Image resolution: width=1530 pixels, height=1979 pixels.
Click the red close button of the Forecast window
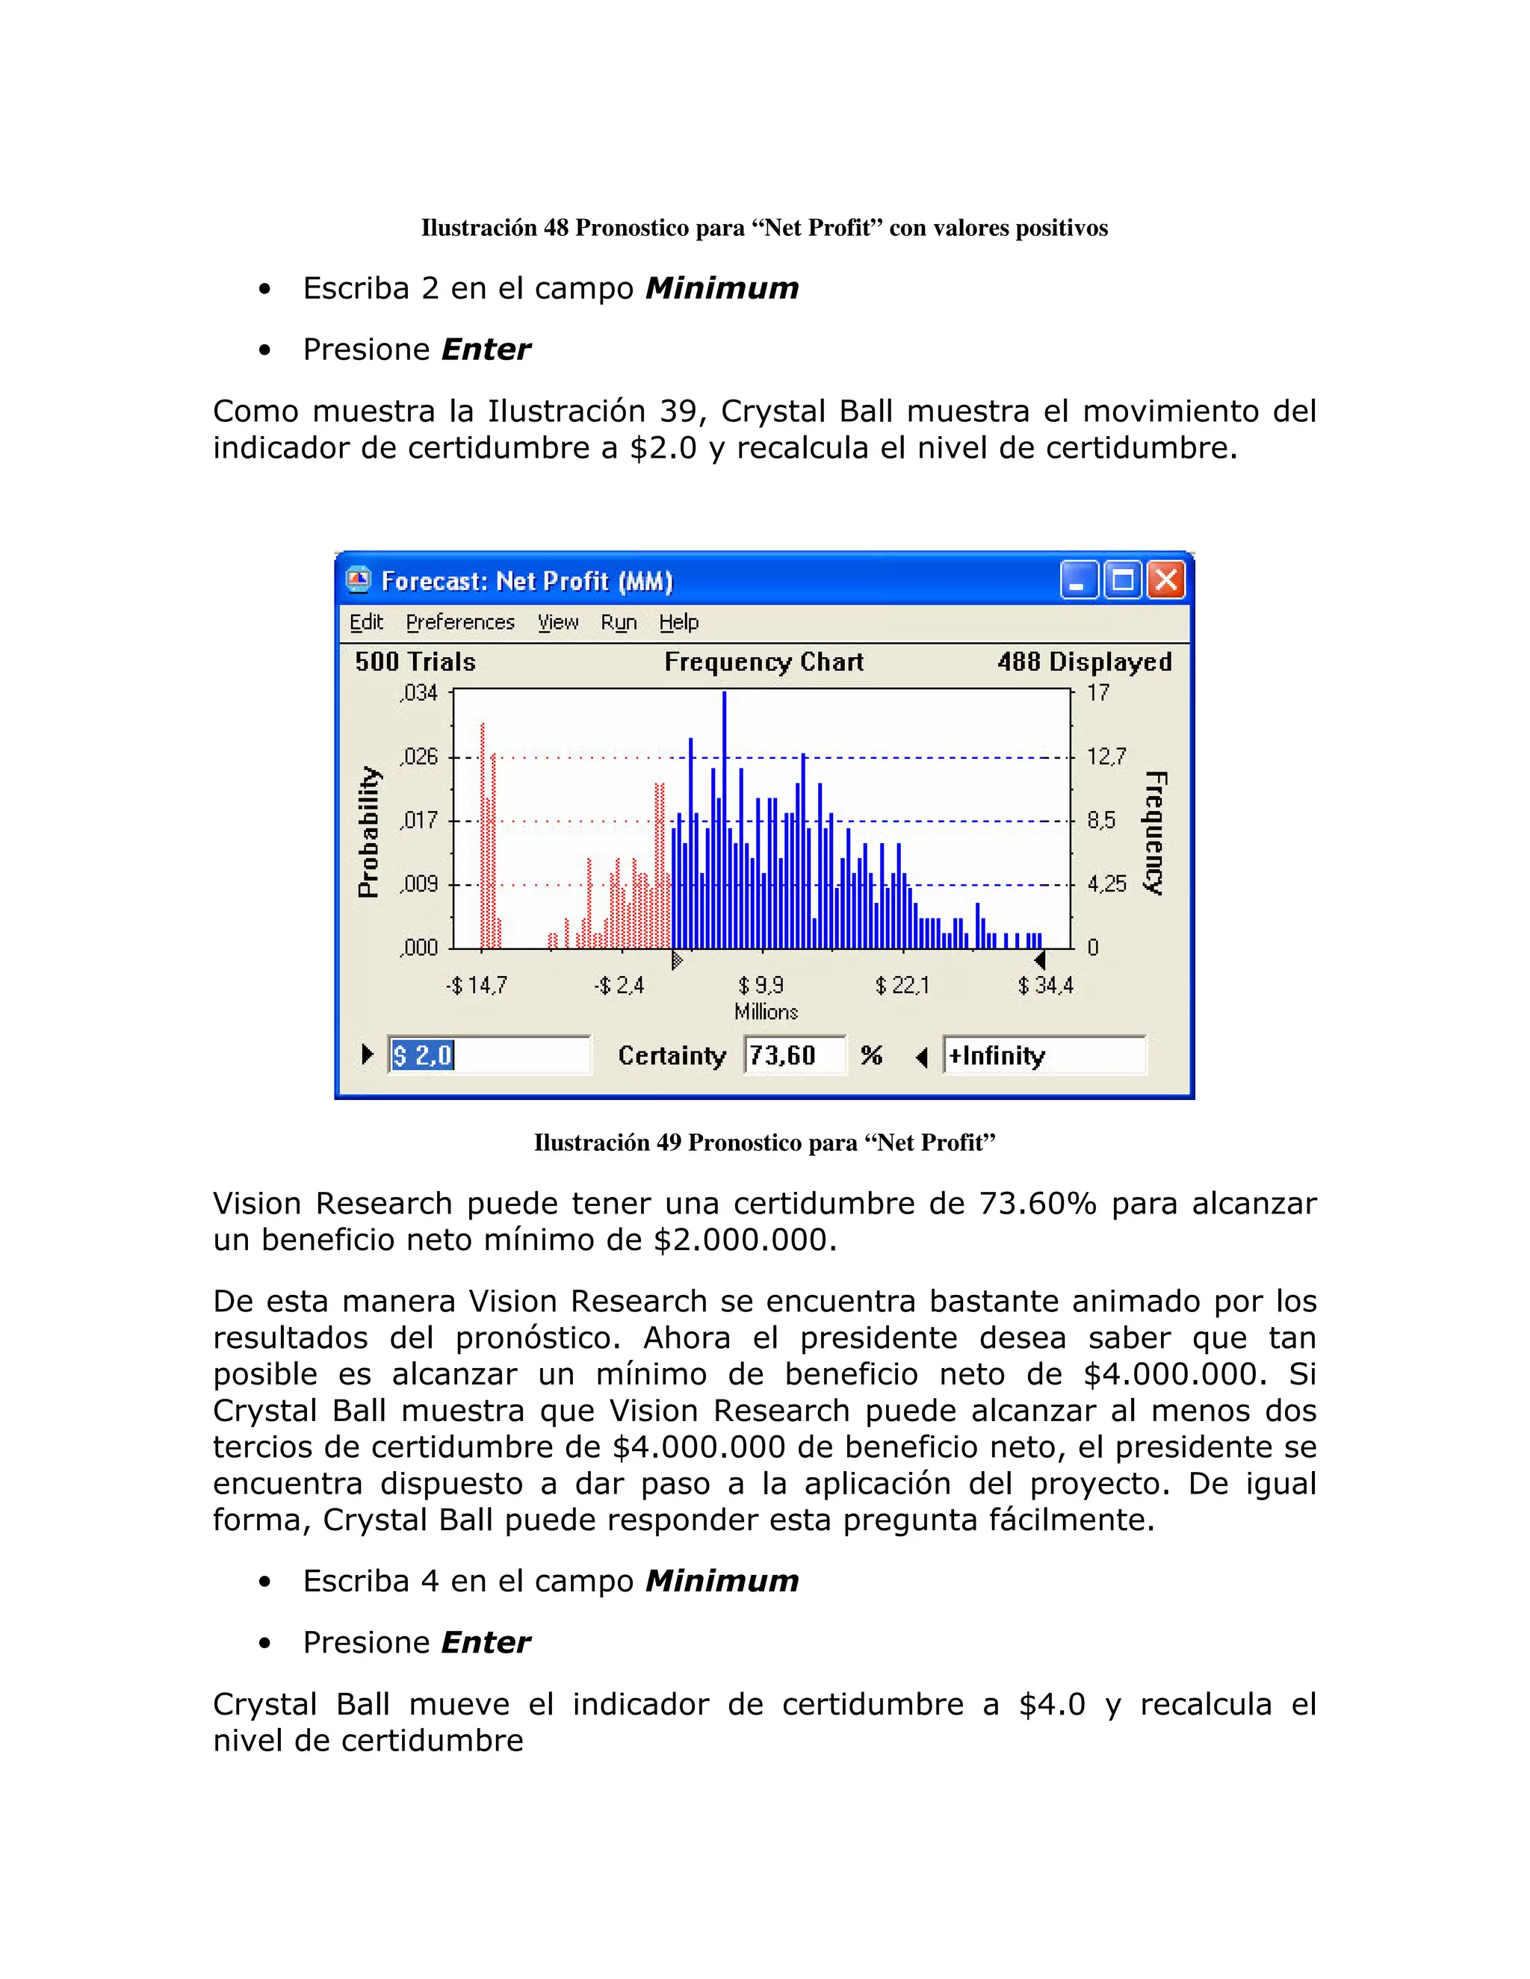coord(1166,581)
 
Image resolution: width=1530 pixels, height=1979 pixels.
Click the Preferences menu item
coord(459,623)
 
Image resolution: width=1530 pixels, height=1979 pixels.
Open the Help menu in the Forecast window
coord(678,623)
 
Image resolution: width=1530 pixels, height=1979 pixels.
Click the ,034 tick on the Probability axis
coord(419,693)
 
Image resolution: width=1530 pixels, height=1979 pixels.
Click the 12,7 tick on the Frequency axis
coord(1106,757)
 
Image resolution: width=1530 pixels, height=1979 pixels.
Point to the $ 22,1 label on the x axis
coord(902,986)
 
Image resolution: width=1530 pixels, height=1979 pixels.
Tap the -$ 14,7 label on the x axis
coord(477,986)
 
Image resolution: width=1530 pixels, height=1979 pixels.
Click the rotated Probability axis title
coord(368,832)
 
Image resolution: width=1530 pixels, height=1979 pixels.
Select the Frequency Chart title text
coord(764,662)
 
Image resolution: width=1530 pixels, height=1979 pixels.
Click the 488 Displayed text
coord(1084,662)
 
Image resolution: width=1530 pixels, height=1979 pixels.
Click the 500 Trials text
coord(415,662)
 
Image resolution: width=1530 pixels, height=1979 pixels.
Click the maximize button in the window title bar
coord(1122,581)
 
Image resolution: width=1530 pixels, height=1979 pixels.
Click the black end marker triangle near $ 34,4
coord(1040,960)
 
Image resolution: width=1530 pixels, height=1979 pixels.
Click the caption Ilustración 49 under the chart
coord(764,1143)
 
